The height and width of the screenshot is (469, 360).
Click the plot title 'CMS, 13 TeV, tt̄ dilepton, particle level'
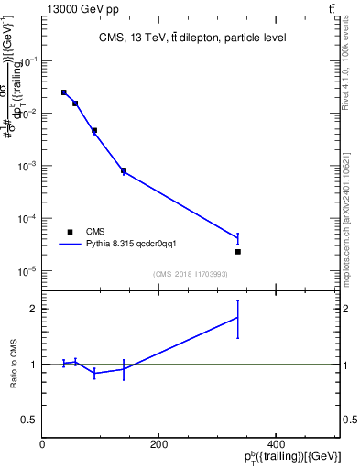[x=192, y=38]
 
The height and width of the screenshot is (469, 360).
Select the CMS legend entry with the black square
[x=82, y=232]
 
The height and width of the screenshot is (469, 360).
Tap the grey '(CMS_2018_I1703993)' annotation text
[x=191, y=274]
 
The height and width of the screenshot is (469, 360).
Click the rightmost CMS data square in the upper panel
[x=238, y=251]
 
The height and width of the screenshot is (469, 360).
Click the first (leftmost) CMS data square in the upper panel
[x=63, y=93]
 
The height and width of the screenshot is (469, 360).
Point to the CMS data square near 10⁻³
[x=124, y=170]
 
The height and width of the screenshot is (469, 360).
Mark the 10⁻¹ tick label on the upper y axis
[x=28, y=61]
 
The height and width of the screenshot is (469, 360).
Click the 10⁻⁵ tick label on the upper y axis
[x=28, y=271]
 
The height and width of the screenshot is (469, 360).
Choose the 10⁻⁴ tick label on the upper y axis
[x=28, y=219]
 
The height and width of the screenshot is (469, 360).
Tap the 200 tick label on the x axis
[x=158, y=444]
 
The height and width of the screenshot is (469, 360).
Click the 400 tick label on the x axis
[x=275, y=444]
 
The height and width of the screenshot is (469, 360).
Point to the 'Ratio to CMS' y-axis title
[x=13, y=365]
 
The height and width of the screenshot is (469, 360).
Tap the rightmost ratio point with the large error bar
[x=238, y=318]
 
